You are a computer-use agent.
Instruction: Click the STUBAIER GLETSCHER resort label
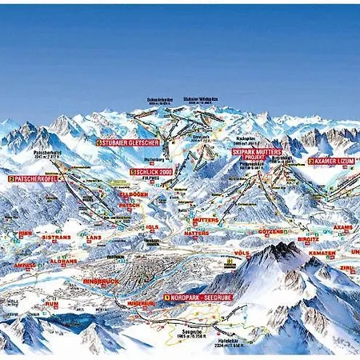(129, 142)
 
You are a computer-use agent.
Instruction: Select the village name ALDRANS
(62, 262)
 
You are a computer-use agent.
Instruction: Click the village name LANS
(94, 238)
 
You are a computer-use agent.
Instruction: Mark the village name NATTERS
(196, 234)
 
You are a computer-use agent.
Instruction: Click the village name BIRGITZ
(309, 238)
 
